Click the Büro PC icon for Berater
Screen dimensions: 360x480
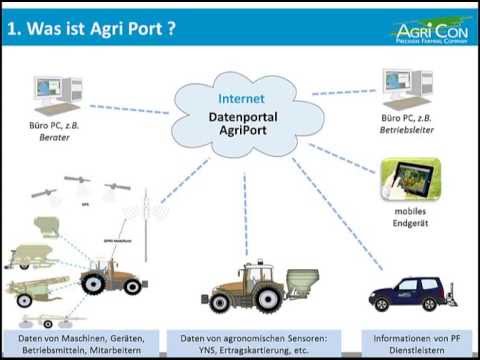point(49,93)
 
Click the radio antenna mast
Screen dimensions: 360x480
point(145,225)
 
